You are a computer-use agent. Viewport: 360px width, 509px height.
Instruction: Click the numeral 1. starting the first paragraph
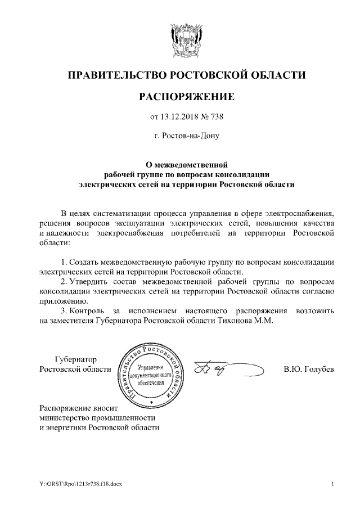point(64,262)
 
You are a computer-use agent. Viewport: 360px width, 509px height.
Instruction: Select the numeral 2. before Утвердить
point(64,281)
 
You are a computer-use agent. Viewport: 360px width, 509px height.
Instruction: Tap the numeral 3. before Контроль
point(64,310)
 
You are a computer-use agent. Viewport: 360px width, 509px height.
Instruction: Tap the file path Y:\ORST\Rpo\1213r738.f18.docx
point(75,484)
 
